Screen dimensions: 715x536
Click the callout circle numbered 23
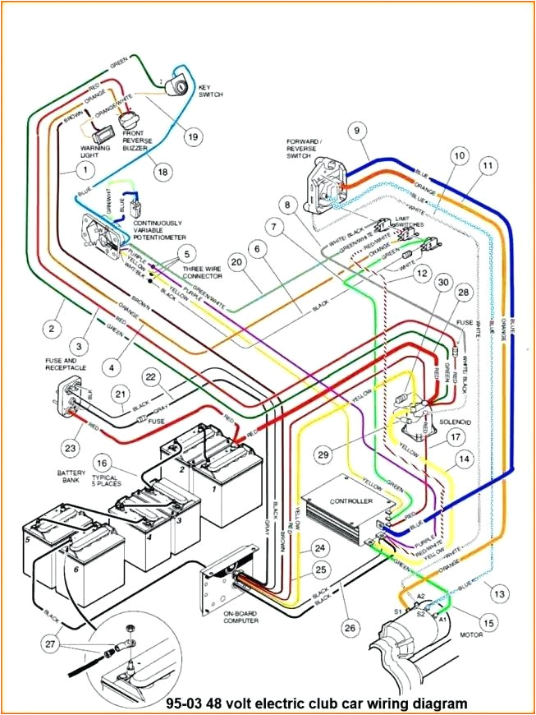click(x=69, y=447)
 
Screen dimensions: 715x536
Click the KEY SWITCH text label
click(x=210, y=90)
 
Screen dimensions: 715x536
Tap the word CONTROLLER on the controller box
click(x=350, y=501)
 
